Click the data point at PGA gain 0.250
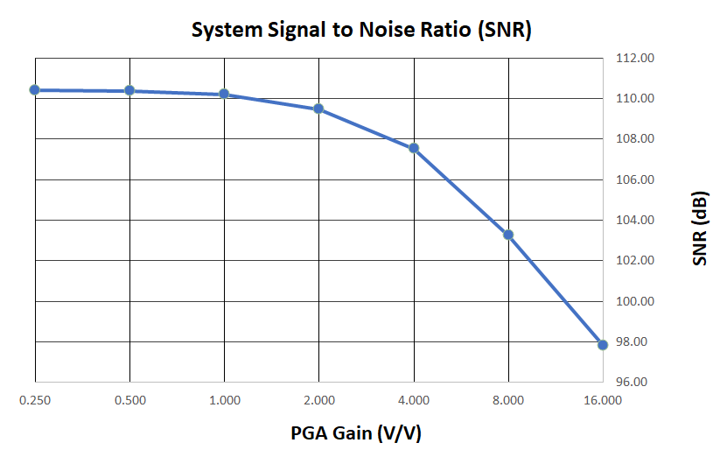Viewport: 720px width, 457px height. click(x=35, y=89)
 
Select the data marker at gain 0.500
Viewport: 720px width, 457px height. click(x=129, y=90)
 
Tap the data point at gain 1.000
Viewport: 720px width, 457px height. click(x=224, y=94)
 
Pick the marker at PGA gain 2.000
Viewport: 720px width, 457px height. click(x=319, y=109)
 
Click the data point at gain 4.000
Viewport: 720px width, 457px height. click(x=414, y=148)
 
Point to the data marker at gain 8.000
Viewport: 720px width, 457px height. click(x=508, y=235)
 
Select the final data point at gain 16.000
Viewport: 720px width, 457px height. click(x=603, y=345)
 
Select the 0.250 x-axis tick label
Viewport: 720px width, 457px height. click(x=35, y=401)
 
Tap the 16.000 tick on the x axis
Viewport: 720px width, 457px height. click(x=603, y=401)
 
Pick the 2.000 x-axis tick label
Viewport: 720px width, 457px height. click(x=319, y=401)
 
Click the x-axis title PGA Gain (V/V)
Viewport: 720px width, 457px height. click(x=360, y=432)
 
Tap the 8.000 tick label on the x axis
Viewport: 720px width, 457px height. click(x=508, y=401)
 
